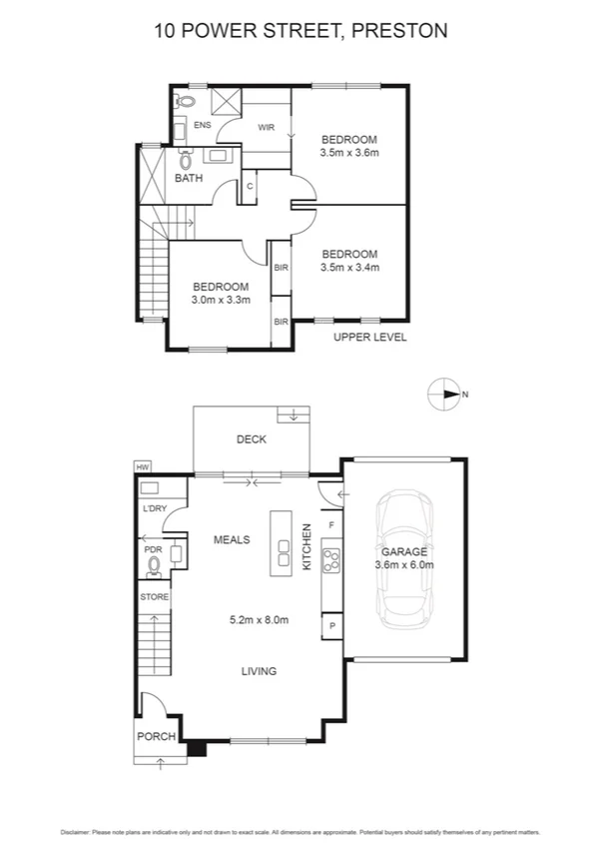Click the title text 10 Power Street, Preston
[300, 31]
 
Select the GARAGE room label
[403, 551]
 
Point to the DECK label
[251, 439]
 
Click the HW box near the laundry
[142, 466]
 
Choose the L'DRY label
[155, 509]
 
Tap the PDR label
[153, 548]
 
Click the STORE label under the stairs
[154, 597]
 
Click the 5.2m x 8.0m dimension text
[258, 620]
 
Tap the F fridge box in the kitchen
[330, 523]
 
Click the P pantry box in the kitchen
[330, 626]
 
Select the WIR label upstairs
[267, 128]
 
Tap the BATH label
[189, 178]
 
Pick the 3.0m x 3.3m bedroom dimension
[221, 300]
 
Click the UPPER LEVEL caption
[369, 338]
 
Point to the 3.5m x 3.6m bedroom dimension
[348, 153]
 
